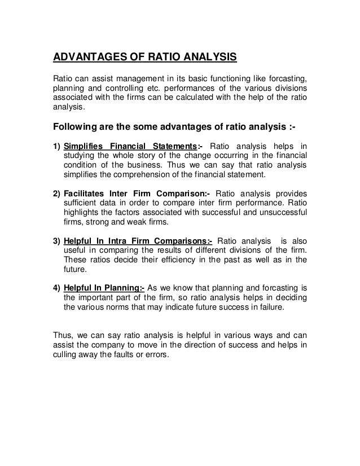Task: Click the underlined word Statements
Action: (x=168, y=147)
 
